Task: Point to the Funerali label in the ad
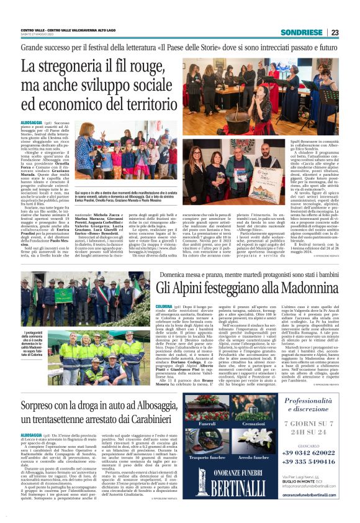(x=207, y=424)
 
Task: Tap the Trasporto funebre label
(x=207, y=457)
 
